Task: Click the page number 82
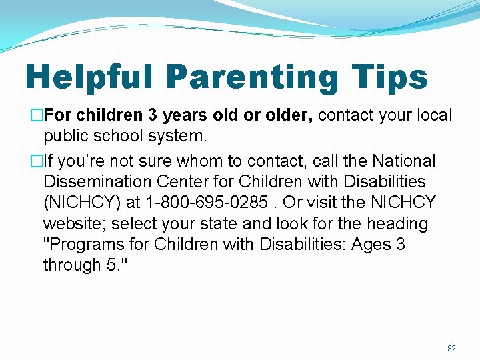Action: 451,348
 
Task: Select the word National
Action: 404,161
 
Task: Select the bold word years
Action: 185,115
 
